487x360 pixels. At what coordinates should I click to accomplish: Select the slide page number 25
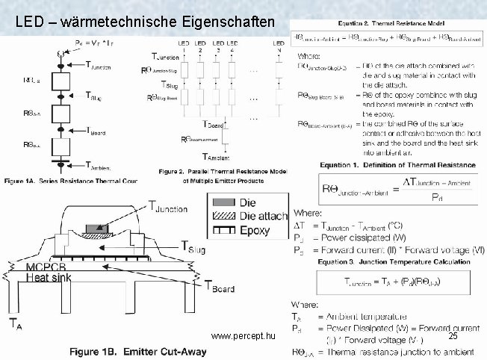coord(453,338)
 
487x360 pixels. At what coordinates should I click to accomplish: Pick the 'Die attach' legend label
coord(262,216)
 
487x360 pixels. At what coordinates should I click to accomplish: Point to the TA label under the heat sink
coord(15,323)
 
